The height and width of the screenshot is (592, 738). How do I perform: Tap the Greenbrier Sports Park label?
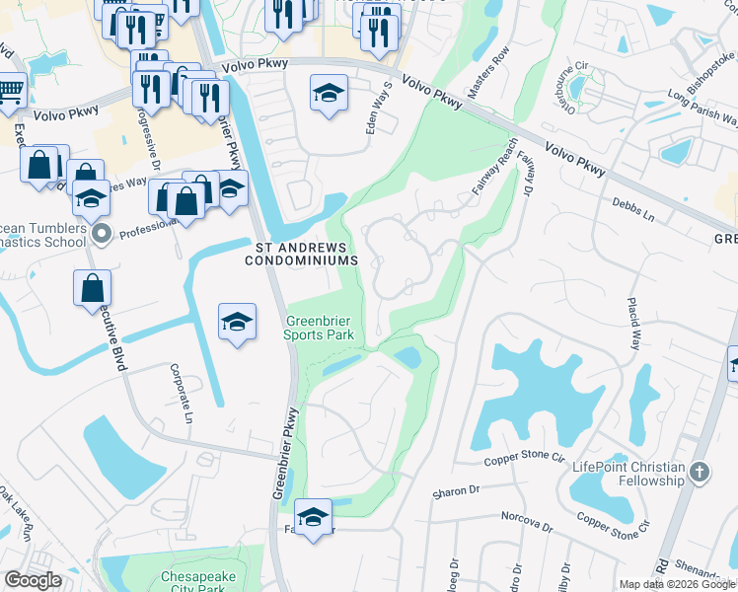[320, 328]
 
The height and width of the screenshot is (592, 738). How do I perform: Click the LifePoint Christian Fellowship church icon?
[701, 472]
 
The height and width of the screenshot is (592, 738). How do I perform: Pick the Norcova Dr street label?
[527, 519]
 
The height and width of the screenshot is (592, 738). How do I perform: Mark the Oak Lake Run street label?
[17, 513]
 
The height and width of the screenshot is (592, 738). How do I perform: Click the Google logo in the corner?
[33, 580]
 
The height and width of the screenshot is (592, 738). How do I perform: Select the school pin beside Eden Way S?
[330, 94]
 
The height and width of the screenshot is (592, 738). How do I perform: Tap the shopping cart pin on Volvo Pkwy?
[10, 91]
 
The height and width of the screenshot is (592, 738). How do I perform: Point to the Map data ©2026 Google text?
[677, 584]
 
